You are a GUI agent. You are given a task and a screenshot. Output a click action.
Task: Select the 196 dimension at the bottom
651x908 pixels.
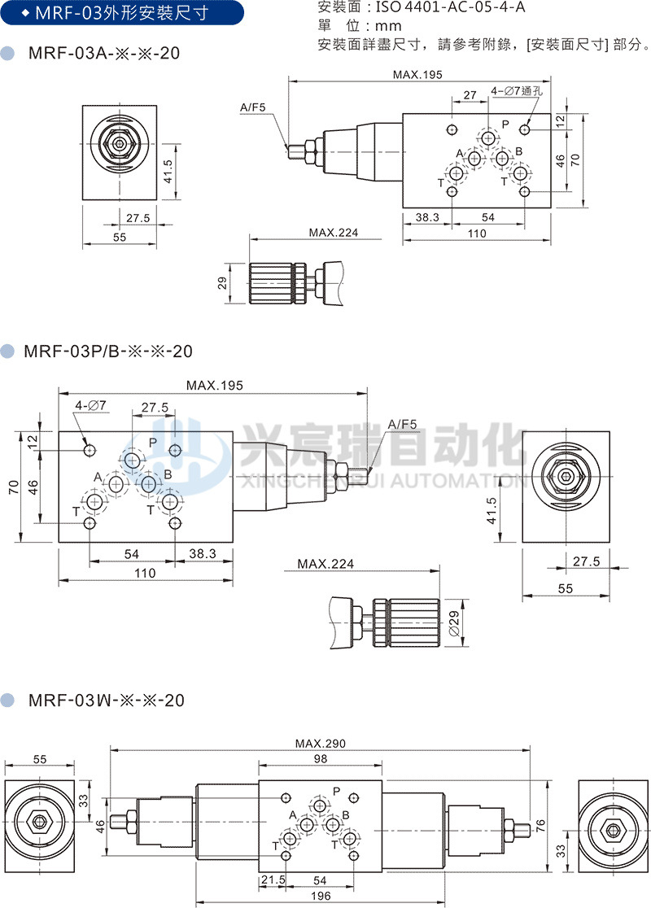(321, 896)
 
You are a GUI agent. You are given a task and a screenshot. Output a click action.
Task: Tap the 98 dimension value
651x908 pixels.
(320, 758)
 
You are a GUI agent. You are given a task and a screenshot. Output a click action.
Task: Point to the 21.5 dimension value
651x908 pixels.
(273, 880)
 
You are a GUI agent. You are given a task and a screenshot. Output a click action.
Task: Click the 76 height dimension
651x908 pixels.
(539, 823)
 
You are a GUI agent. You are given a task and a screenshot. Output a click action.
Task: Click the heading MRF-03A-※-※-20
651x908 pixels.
(103, 54)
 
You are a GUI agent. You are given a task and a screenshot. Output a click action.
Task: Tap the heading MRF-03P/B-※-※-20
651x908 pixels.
(108, 351)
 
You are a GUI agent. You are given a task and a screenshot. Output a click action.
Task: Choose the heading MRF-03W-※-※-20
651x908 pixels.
(106, 700)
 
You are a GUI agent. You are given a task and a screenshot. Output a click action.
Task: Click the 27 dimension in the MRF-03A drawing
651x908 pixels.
(470, 95)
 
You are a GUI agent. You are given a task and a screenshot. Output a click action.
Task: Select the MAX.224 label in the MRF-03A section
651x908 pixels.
(333, 233)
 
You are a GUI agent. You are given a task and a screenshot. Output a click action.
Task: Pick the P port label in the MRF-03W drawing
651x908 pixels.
(336, 790)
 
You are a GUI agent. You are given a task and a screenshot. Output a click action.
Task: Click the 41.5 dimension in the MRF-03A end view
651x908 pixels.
(167, 171)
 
